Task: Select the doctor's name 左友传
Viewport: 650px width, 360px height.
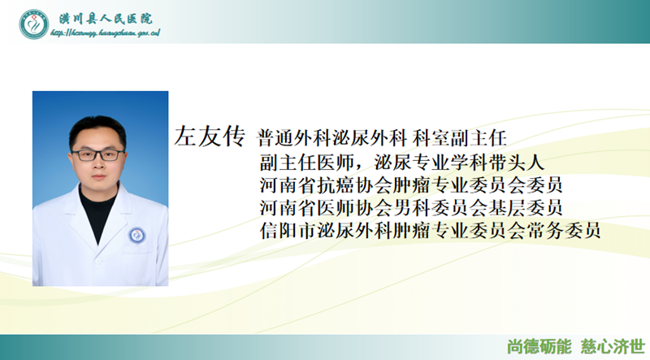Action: pos(209,137)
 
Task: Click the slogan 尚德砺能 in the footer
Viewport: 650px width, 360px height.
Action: pos(539,345)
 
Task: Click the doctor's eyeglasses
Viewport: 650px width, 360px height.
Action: pos(98,154)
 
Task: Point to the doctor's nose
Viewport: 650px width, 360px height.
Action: pos(98,165)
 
